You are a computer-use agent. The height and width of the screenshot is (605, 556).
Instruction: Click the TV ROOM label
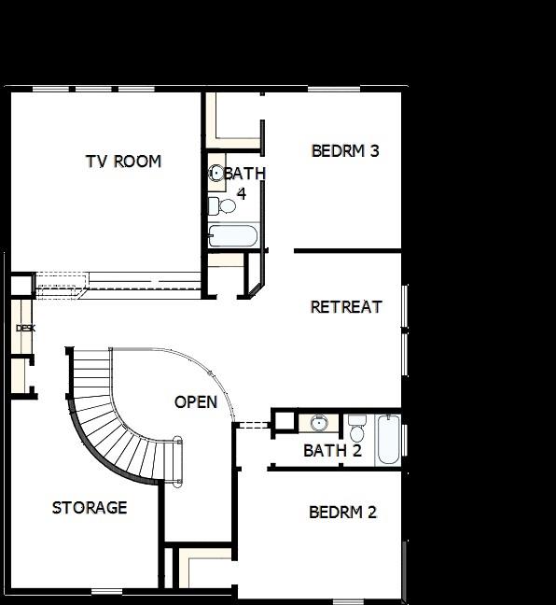[x=123, y=162]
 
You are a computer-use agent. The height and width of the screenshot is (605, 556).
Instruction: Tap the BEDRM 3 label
[x=344, y=150]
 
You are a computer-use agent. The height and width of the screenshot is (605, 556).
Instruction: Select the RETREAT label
[x=346, y=306]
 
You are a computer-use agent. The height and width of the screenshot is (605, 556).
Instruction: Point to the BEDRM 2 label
[x=342, y=512]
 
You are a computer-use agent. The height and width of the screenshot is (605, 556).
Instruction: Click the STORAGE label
[x=90, y=508]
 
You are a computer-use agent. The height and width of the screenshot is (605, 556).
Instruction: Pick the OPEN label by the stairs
[x=196, y=402]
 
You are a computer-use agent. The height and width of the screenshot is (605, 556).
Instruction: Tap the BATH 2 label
[x=332, y=451]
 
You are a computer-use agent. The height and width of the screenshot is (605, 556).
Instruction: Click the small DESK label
[x=25, y=329]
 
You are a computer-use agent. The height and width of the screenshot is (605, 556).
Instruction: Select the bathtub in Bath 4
[x=232, y=234]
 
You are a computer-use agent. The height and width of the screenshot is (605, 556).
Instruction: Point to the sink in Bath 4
[x=216, y=174]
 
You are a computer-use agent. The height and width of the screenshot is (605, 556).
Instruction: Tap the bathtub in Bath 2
[x=388, y=440]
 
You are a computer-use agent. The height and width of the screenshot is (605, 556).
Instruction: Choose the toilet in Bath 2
[x=356, y=429]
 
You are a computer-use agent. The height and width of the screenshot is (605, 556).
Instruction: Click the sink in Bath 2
[x=318, y=424]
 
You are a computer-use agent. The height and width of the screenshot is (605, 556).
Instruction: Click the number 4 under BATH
[x=241, y=194]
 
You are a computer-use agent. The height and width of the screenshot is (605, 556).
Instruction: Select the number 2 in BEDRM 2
[x=371, y=512]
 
